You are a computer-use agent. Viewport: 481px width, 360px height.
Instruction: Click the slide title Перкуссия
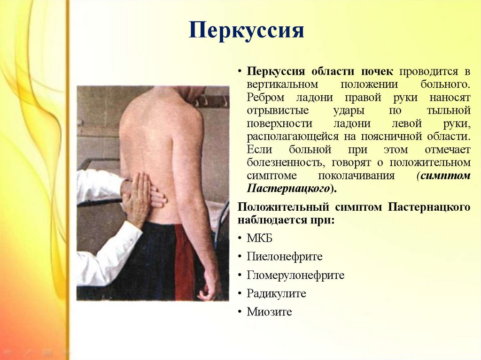(246, 31)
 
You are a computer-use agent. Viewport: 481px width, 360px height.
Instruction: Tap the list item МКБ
(259, 238)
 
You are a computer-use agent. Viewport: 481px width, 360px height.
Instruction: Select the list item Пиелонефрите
(285, 256)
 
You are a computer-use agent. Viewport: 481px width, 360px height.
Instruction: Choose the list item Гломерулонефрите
(296, 275)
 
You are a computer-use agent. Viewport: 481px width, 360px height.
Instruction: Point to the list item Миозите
(269, 312)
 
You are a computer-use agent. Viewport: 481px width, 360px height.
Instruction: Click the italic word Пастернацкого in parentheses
(288, 188)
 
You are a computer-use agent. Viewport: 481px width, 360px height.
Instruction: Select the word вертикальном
(282, 84)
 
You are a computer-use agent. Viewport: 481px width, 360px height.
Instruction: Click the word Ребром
(266, 98)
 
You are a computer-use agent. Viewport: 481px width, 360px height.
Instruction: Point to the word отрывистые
(278, 110)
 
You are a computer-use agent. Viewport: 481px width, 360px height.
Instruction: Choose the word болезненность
(286, 162)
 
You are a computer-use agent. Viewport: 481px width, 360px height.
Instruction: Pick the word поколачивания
(356, 176)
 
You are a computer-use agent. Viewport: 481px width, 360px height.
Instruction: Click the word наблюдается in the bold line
(273, 220)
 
